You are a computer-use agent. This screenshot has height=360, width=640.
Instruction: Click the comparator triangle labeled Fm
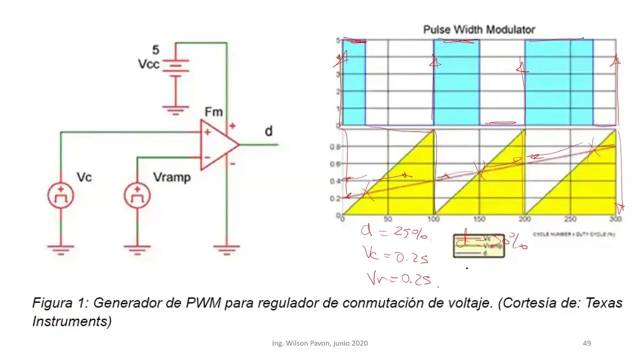(x=218, y=144)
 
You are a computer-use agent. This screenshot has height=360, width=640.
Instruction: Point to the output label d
(x=268, y=131)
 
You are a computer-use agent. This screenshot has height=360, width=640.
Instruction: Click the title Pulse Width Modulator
(x=479, y=29)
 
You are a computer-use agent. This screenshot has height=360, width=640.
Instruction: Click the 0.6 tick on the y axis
(x=334, y=164)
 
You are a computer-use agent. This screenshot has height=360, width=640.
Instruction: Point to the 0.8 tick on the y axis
(x=334, y=147)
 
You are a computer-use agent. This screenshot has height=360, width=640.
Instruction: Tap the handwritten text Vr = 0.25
(x=399, y=278)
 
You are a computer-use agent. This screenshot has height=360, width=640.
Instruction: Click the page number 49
(x=587, y=343)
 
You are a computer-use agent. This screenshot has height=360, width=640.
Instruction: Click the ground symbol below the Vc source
(x=60, y=248)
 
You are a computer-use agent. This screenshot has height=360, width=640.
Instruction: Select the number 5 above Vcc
(x=156, y=50)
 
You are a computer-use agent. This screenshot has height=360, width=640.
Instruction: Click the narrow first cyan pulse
(x=354, y=82)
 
